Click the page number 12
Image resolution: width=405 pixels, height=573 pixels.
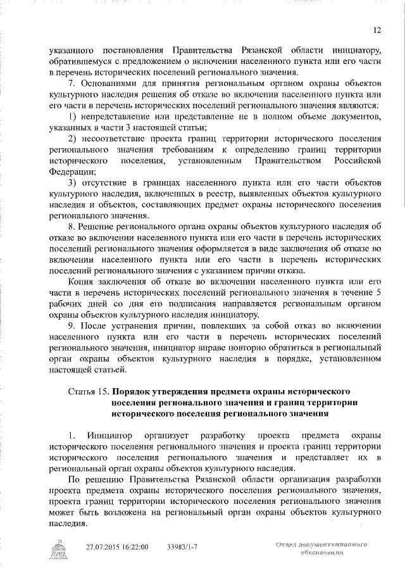(x=377, y=30)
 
